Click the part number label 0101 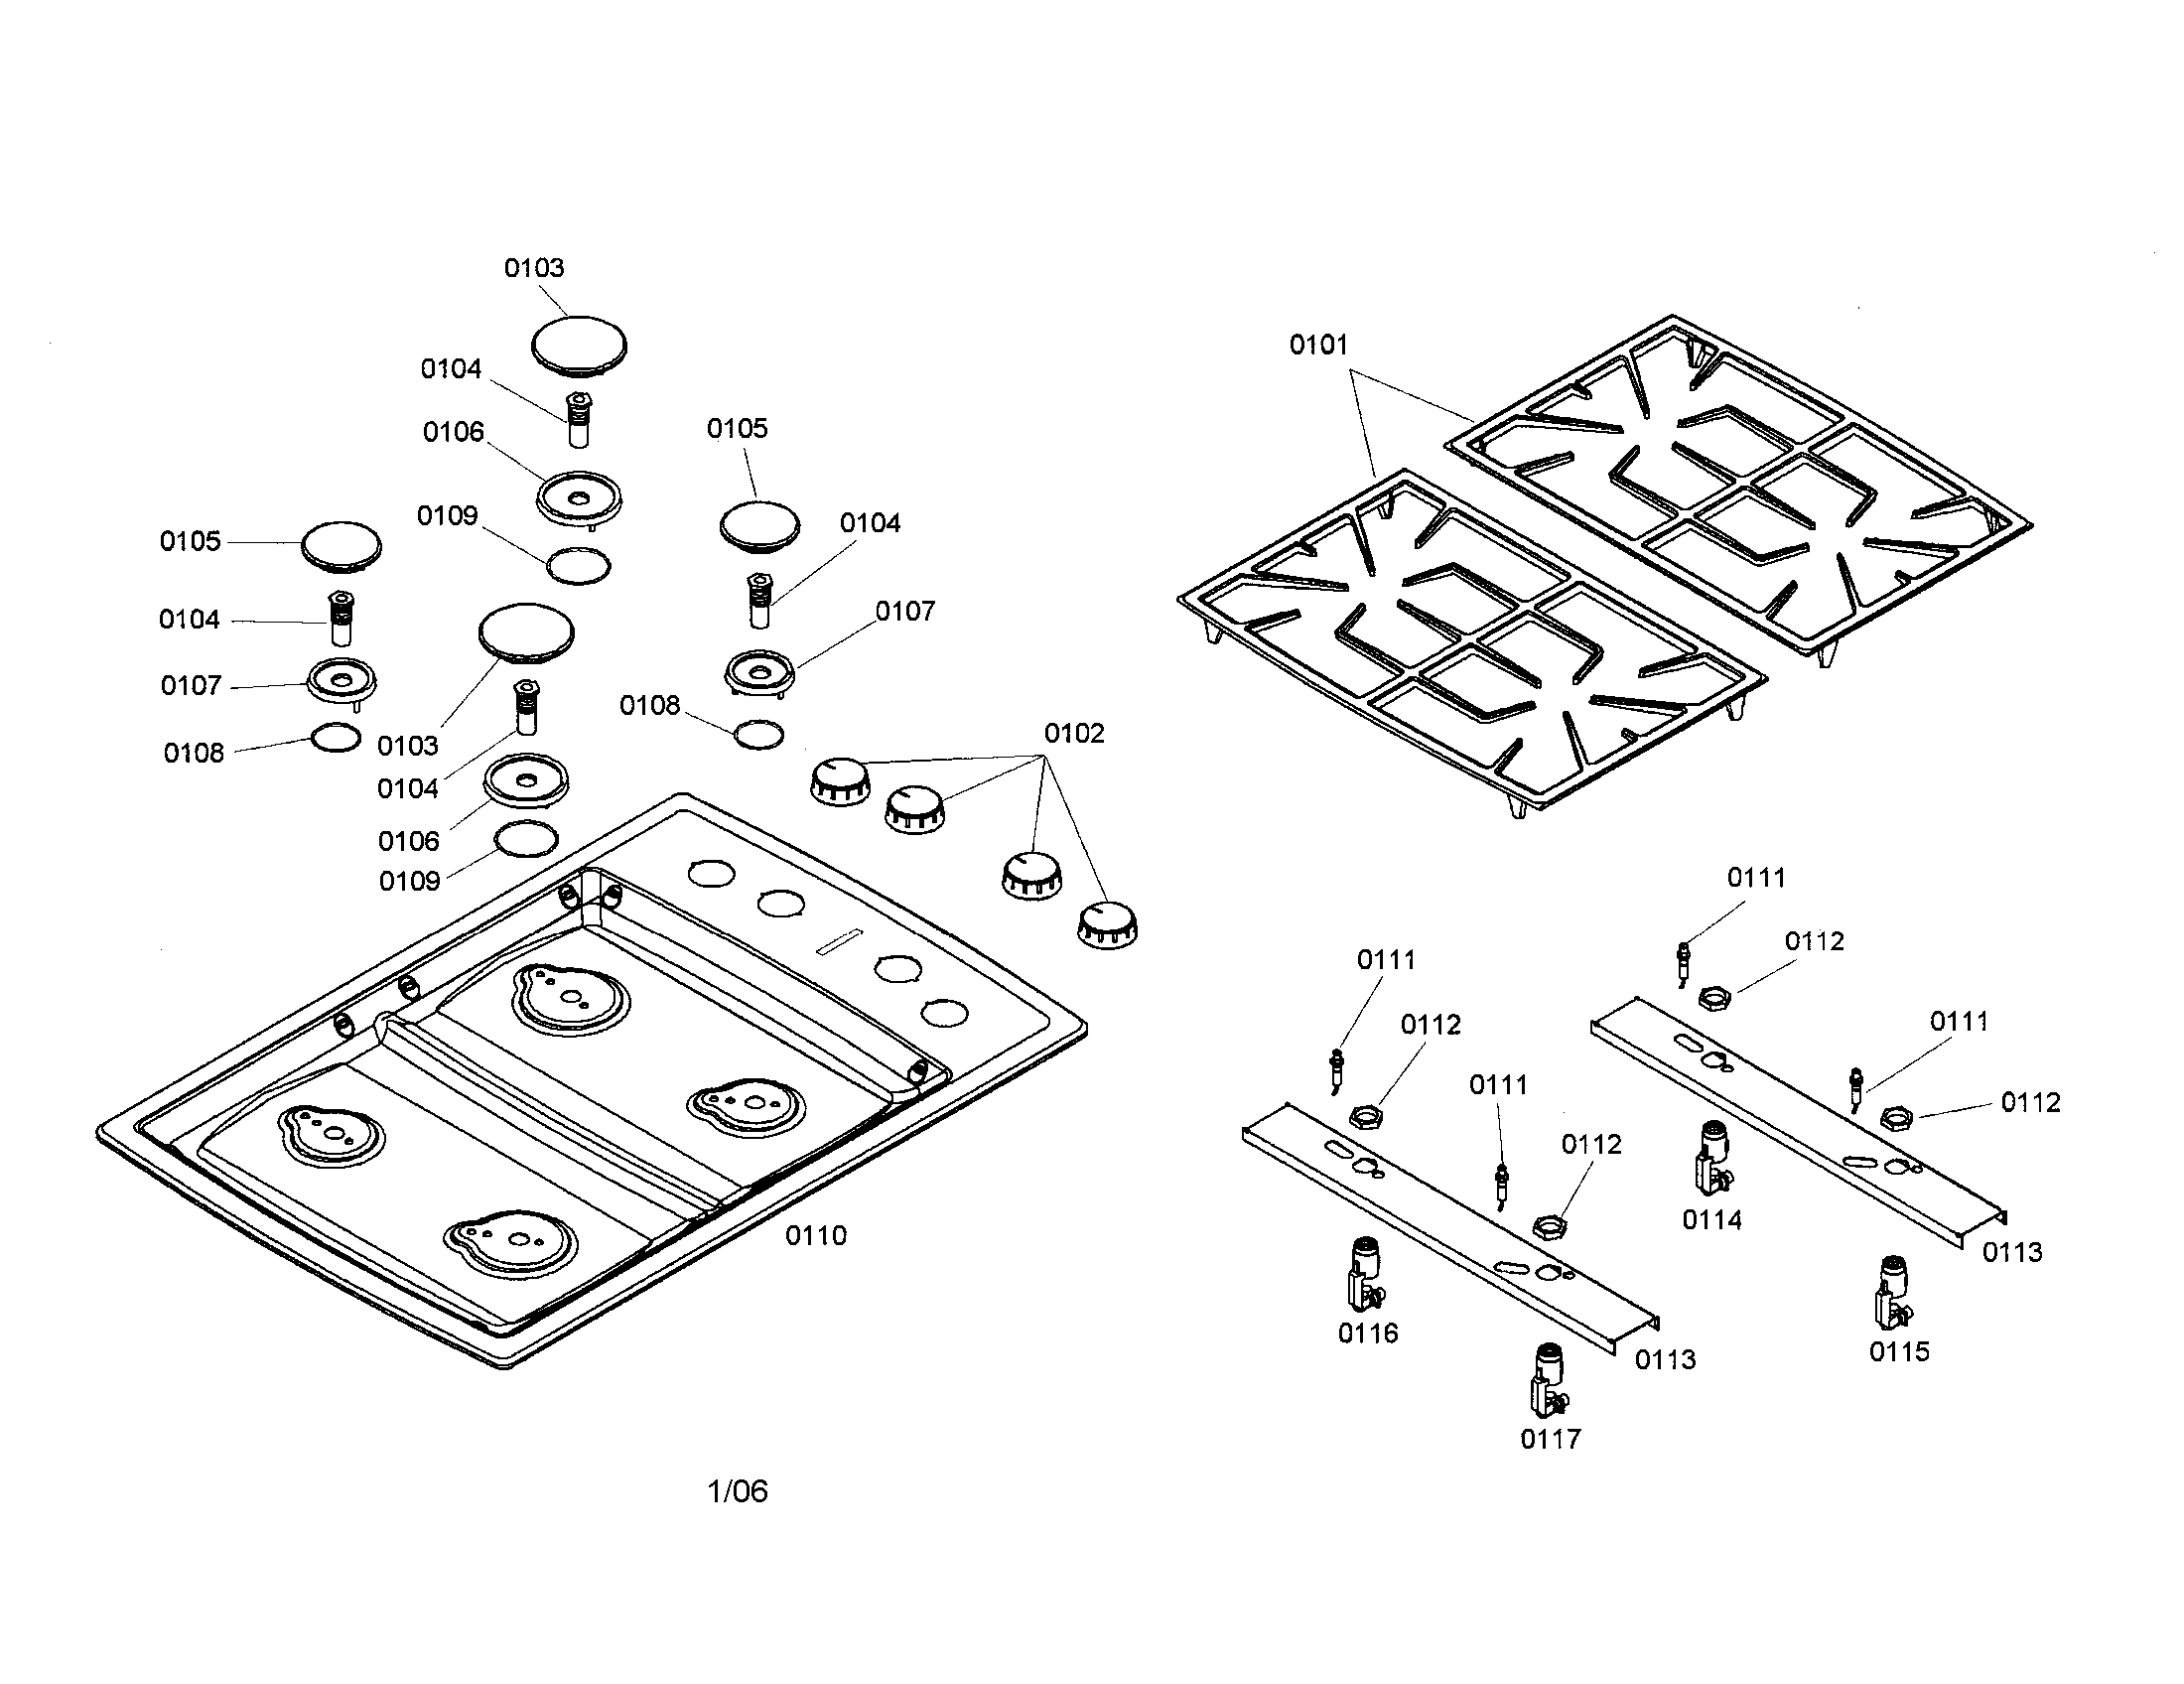[1318, 345]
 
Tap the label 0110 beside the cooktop [816, 1236]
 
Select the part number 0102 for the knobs [1074, 734]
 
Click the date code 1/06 [738, 1492]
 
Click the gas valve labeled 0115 [1892, 1294]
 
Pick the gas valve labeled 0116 [1365, 1274]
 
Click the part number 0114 [1712, 1221]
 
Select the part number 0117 [1551, 1440]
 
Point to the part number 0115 [1899, 1353]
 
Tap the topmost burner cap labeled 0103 [579, 347]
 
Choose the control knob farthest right [1108, 925]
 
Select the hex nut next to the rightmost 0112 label [1896, 1118]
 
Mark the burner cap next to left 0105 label [341, 547]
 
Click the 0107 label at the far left [190, 686]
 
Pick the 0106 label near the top [453, 432]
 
